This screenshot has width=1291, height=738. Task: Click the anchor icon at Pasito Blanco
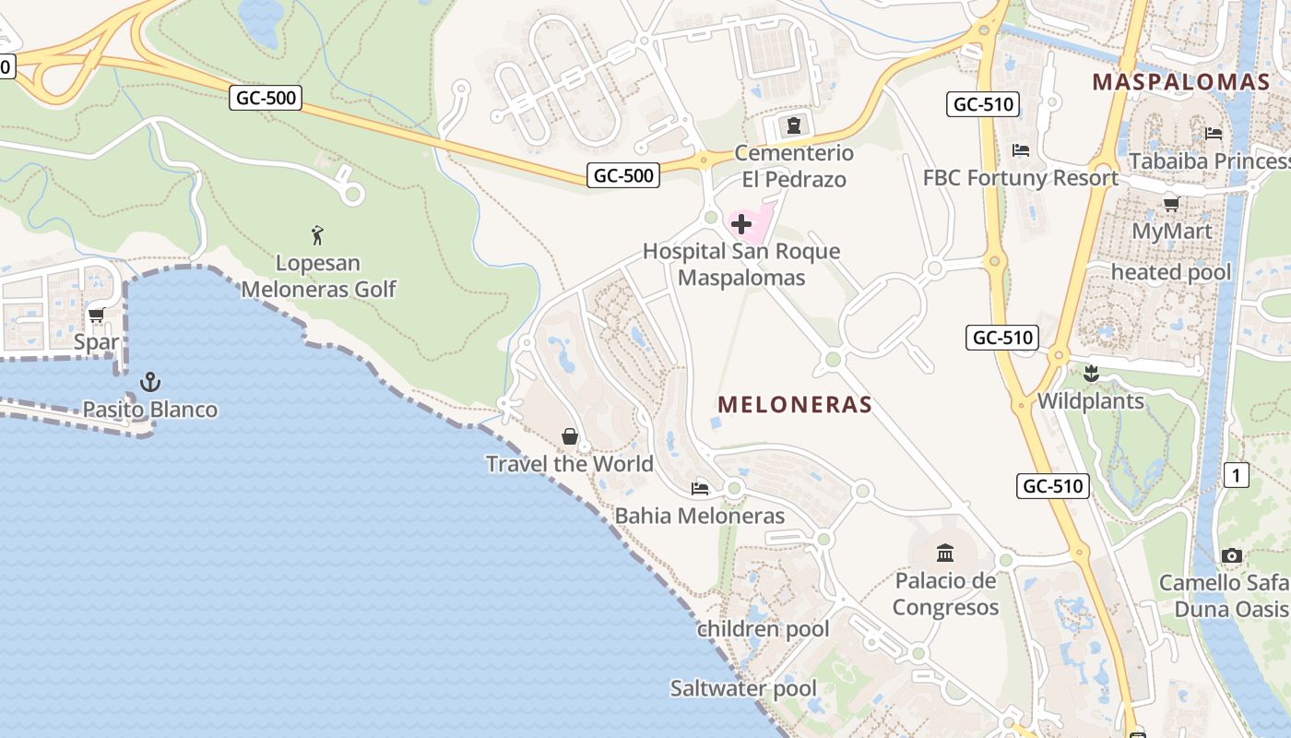click(150, 381)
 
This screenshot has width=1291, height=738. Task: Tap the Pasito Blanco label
click(150, 410)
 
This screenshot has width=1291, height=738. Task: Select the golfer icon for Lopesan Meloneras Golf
click(318, 235)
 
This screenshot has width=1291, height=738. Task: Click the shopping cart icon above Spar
click(96, 315)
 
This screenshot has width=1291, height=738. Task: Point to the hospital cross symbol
click(741, 224)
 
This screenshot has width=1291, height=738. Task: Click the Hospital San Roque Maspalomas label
click(741, 264)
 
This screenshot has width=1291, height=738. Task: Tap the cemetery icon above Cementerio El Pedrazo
click(793, 125)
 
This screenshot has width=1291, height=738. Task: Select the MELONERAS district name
click(795, 404)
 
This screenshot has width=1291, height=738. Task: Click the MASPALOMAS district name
click(1181, 82)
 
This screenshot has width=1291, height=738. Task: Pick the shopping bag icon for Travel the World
click(570, 436)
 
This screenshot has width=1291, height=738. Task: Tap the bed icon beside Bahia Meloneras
click(700, 488)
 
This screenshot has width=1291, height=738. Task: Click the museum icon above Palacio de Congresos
click(945, 553)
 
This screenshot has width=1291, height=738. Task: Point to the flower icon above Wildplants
click(1092, 374)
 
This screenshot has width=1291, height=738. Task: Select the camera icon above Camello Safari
click(1231, 555)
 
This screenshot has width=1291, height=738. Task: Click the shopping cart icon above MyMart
click(1171, 204)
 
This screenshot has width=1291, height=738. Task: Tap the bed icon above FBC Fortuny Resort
click(1021, 149)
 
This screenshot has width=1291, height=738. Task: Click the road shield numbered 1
click(1236, 475)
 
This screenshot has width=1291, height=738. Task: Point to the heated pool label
click(1171, 272)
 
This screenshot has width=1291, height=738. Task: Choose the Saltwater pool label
click(743, 688)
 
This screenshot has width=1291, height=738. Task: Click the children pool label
click(763, 629)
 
